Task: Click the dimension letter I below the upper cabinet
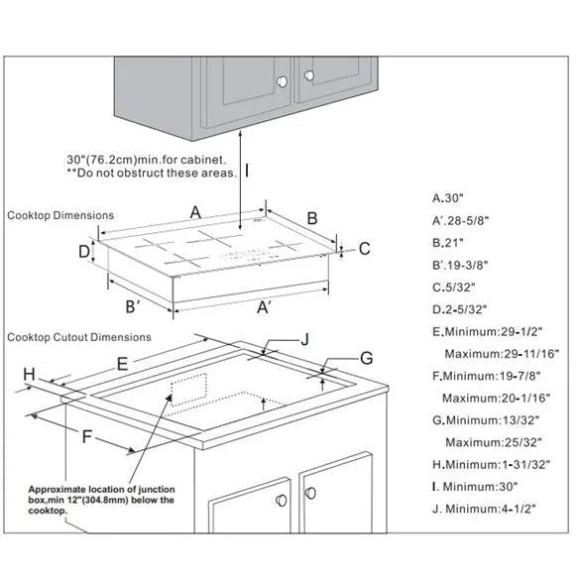click(x=247, y=172)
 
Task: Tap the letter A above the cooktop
click(x=195, y=213)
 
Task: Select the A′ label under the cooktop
click(x=264, y=307)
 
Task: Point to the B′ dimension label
click(x=133, y=306)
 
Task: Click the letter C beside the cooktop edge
click(x=365, y=249)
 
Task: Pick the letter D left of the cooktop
click(x=84, y=252)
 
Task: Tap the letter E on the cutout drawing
click(x=122, y=364)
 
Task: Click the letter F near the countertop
click(x=86, y=436)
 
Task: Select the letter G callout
click(x=366, y=359)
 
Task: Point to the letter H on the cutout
click(x=30, y=374)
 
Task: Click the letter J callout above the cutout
click(x=305, y=339)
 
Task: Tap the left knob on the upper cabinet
click(x=283, y=81)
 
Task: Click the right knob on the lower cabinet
click(x=310, y=494)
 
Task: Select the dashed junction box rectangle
click(x=188, y=390)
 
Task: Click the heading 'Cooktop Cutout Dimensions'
click(x=79, y=337)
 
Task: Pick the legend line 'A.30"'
click(x=448, y=198)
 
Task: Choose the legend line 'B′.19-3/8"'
click(x=460, y=265)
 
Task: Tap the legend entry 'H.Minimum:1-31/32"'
click(x=491, y=464)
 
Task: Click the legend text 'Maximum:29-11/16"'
click(x=502, y=354)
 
